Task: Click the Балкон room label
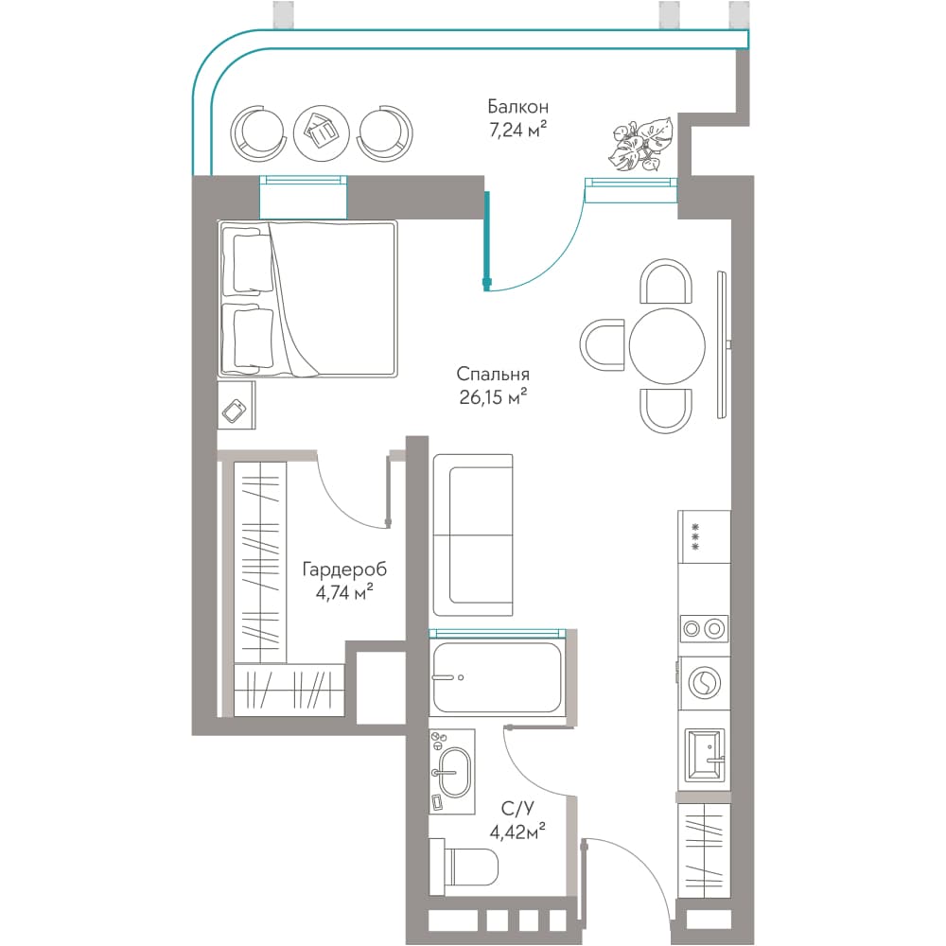tap(518, 108)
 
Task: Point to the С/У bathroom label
tap(517, 809)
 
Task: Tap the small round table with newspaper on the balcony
tap(322, 132)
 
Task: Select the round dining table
tap(667, 345)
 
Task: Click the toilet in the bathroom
tap(464, 867)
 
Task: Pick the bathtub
tap(498, 677)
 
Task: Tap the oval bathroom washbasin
tap(454, 773)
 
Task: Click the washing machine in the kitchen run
tap(704, 684)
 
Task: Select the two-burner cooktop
tap(704, 629)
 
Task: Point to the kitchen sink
tap(705, 755)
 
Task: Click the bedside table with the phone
tap(236, 405)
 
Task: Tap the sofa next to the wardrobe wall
tap(473, 535)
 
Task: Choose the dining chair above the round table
tap(666, 281)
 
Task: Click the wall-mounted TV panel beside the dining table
tap(722, 344)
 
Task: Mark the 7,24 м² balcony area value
tap(518, 130)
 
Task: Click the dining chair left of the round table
tap(602, 345)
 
